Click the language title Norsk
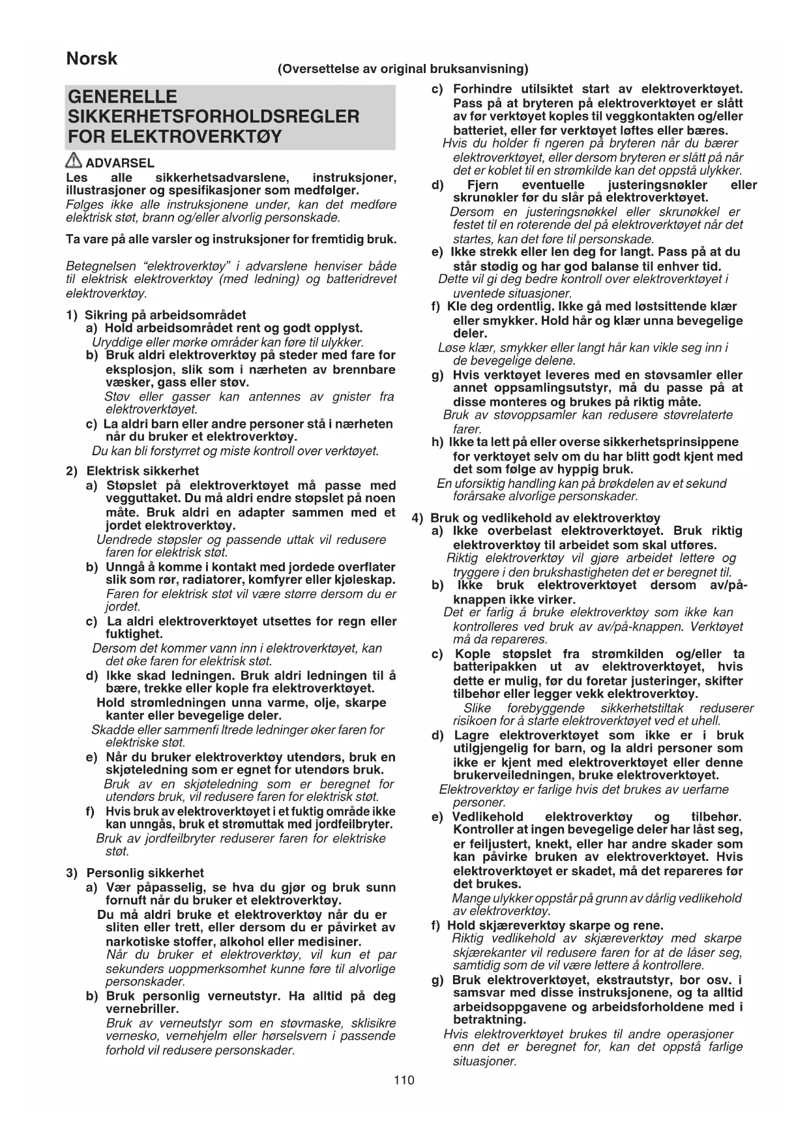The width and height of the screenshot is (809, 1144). [92, 59]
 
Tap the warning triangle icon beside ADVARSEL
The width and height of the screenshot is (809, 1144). [74, 162]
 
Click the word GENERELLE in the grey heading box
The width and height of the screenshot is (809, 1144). [123, 97]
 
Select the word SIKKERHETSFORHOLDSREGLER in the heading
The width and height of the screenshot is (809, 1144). [213, 117]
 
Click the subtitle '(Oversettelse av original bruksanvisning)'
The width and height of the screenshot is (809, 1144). [403, 69]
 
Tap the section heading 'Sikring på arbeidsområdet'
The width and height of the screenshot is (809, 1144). [166, 315]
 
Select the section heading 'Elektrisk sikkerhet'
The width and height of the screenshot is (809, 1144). [143, 471]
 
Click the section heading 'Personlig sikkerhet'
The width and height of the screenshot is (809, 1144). [145, 873]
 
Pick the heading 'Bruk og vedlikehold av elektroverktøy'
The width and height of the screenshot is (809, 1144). [545, 519]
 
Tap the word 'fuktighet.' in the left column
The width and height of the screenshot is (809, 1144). [134, 634]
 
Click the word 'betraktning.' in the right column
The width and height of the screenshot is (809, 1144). [489, 1019]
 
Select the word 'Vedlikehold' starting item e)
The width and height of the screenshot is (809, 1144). [488, 817]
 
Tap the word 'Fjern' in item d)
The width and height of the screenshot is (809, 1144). [482, 185]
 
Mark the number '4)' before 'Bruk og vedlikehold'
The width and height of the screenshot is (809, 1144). [419, 519]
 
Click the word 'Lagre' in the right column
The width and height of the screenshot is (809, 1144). [471, 735]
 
